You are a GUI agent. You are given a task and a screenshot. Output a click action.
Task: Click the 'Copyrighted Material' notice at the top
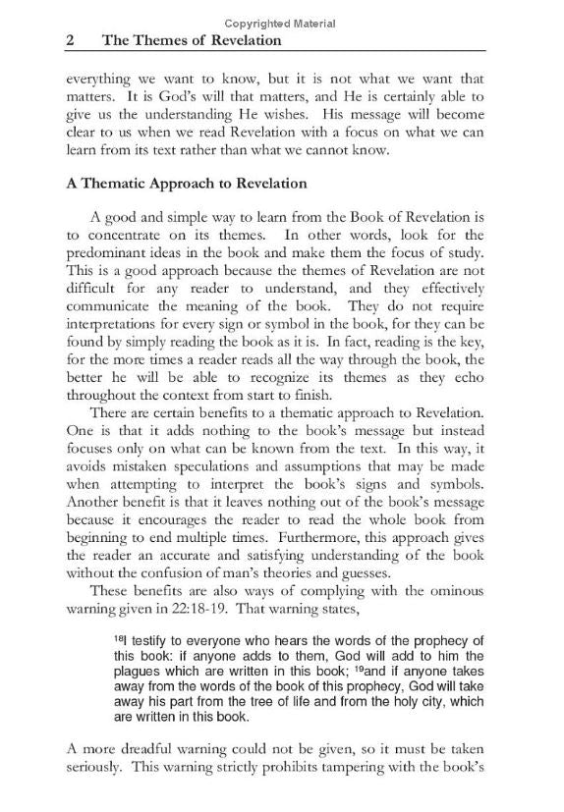(280, 24)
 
